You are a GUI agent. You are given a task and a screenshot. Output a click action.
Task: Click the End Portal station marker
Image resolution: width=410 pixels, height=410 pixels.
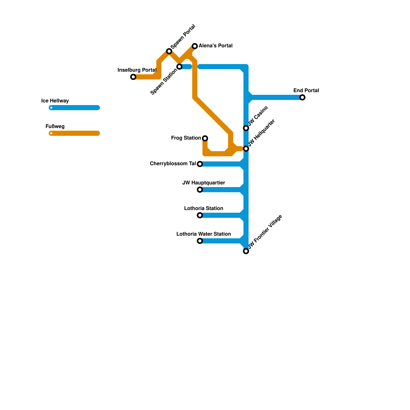click(302, 97)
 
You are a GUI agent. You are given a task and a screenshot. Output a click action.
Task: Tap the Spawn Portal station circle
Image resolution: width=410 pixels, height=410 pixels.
click(169, 51)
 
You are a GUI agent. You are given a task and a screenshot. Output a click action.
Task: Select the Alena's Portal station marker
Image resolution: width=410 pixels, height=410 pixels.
click(195, 46)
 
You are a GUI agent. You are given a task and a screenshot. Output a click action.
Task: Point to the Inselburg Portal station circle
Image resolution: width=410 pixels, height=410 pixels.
click(133, 77)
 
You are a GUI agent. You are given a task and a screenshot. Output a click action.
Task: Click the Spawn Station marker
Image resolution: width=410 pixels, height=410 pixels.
click(179, 67)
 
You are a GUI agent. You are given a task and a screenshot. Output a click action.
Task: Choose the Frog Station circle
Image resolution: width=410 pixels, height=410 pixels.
click(205, 138)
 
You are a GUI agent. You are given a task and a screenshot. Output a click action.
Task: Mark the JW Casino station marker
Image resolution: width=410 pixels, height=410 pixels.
click(246, 128)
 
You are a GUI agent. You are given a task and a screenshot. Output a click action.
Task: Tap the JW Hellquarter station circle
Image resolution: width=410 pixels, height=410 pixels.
click(246, 149)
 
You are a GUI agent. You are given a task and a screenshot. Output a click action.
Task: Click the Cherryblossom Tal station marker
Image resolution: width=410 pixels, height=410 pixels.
click(200, 164)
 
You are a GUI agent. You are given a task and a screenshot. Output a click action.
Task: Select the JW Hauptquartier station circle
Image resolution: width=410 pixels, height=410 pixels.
click(200, 190)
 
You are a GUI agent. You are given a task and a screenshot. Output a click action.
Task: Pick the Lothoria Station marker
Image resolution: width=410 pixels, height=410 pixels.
click(200, 215)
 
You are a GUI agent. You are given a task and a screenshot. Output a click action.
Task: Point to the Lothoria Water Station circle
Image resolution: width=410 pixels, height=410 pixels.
click(200, 241)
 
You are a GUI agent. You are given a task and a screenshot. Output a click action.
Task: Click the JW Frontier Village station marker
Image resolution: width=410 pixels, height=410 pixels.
click(246, 251)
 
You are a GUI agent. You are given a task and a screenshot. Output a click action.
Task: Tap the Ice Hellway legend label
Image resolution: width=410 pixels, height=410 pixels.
click(55, 101)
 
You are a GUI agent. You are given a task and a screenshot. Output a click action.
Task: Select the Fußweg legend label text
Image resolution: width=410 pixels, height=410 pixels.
click(55, 127)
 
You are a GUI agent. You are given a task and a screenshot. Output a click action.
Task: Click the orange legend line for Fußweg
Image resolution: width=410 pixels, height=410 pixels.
click(74, 133)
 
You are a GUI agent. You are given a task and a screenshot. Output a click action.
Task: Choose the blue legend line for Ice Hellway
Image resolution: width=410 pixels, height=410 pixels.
click(74, 108)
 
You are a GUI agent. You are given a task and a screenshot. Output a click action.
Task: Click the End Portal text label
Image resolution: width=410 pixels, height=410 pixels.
click(306, 91)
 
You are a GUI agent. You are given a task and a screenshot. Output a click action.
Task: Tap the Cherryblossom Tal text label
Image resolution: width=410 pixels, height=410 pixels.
click(173, 164)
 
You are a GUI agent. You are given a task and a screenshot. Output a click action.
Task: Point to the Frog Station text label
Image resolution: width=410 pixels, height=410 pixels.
click(186, 138)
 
